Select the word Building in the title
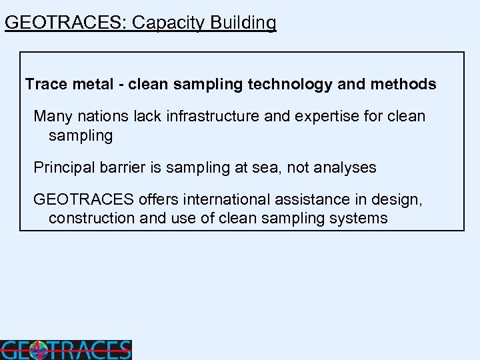click(243, 23)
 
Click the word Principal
click(65, 168)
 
